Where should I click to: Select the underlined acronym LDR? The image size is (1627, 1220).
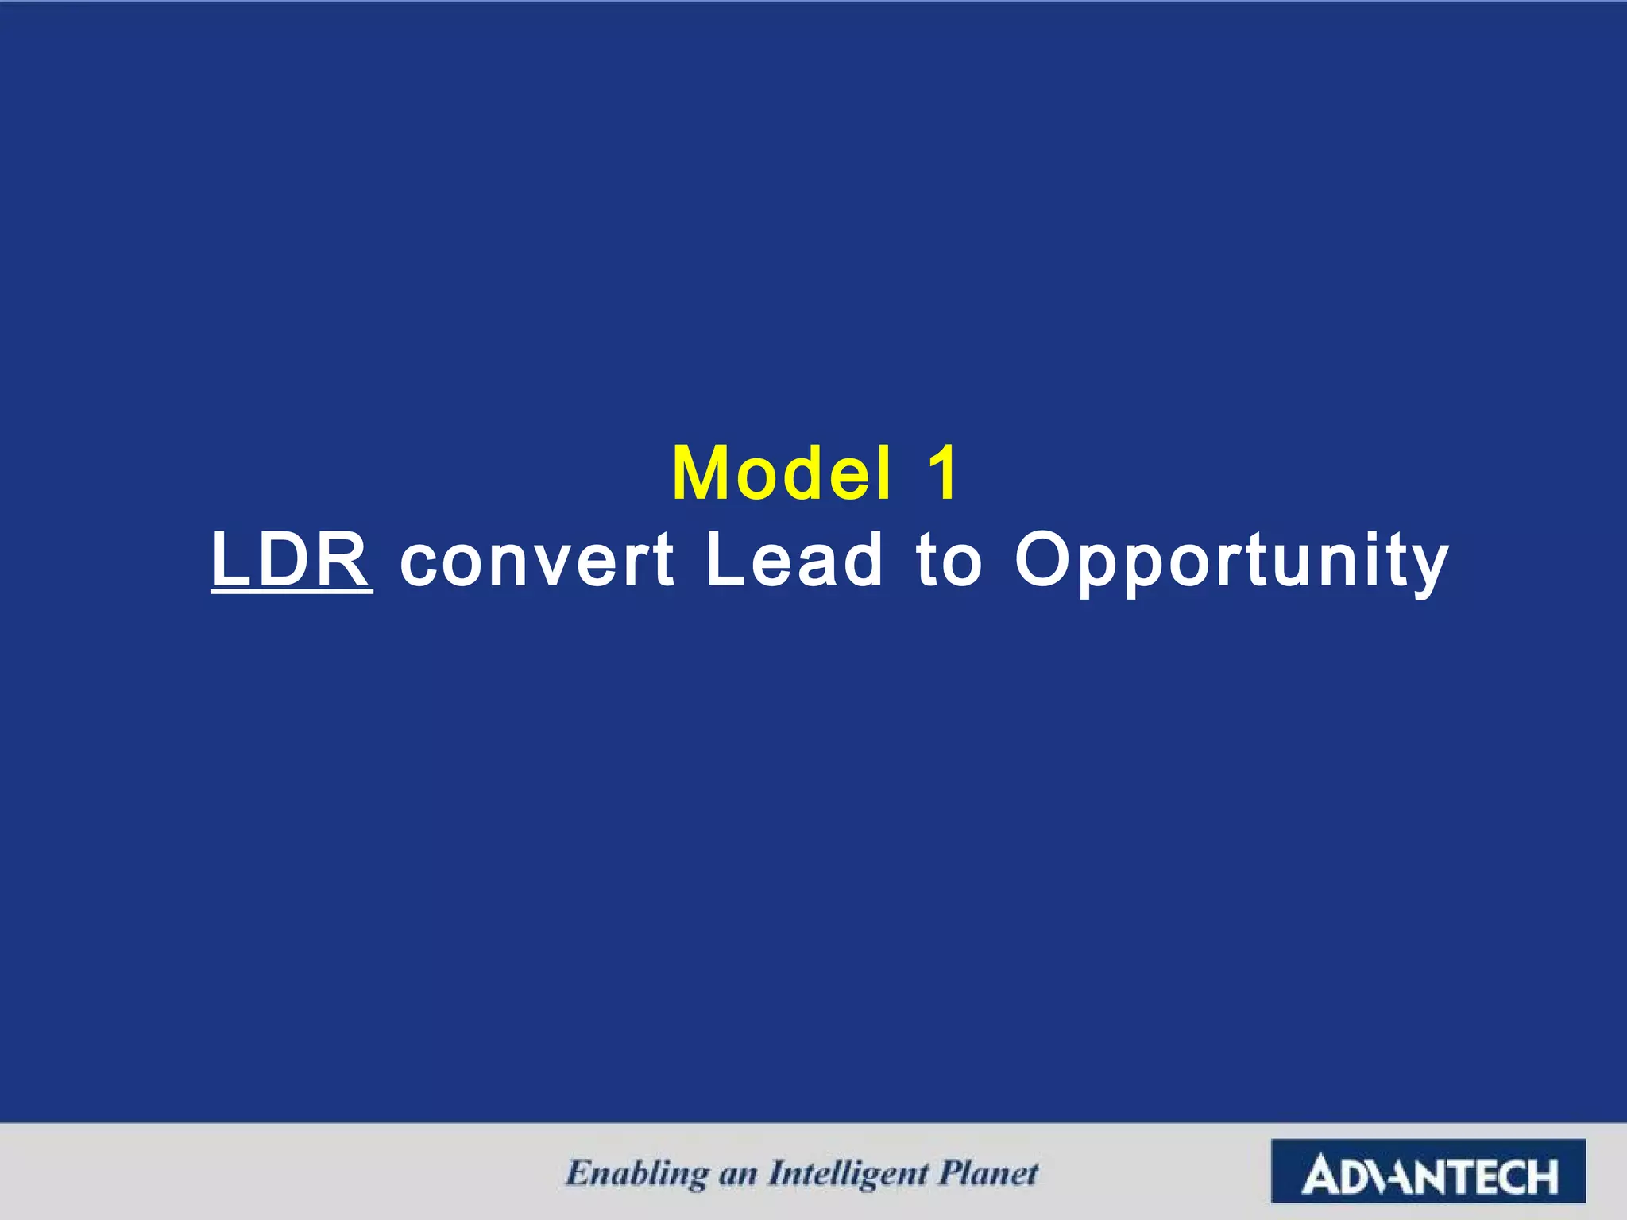coord(292,559)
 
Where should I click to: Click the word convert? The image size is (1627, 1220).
coord(537,561)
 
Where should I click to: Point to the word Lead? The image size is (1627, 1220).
coord(794,559)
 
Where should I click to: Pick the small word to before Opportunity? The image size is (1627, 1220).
coord(949,561)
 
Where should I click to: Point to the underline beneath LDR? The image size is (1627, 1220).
coord(292,592)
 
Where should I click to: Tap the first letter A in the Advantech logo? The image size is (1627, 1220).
coord(1321,1176)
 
